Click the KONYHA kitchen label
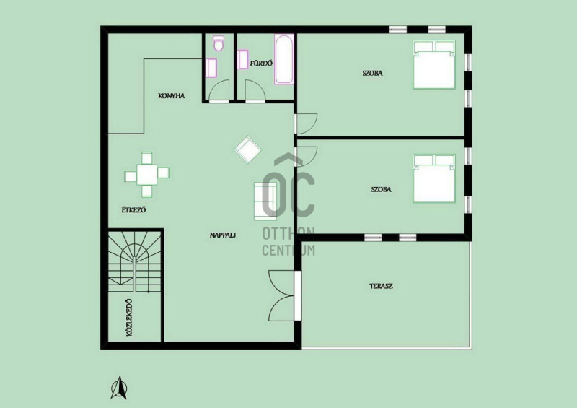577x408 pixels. coord(172,96)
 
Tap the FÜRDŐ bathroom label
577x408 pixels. coord(261,64)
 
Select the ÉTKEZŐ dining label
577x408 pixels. coord(134,209)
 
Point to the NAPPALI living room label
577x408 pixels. coord(223,235)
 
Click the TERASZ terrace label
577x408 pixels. coord(382,286)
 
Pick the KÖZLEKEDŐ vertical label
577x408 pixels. coord(129,317)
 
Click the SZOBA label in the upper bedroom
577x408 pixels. coord(372,73)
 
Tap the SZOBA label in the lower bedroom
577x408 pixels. coord(382,189)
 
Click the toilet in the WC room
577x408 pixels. coord(219,43)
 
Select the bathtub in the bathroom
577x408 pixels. coord(283,59)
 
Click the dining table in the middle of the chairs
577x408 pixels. coord(147,174)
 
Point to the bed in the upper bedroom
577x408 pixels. coord(434,64)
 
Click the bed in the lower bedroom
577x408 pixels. coord(434,179)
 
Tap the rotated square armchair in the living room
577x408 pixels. coord(248,149)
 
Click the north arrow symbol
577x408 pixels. coord(119,388)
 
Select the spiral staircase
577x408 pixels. coord(135,261)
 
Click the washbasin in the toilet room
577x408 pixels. coord(211,68)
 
